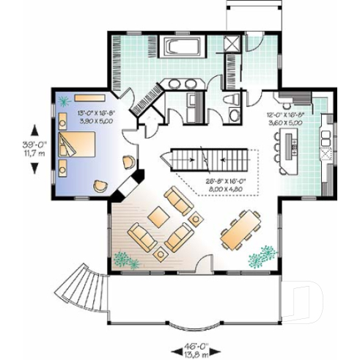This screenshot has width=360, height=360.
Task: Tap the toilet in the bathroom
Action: click(229, 100)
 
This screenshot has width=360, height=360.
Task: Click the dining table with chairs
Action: click(238, 229)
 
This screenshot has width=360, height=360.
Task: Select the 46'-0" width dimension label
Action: click(191, 347)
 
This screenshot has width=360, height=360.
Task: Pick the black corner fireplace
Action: click(139, 177)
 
